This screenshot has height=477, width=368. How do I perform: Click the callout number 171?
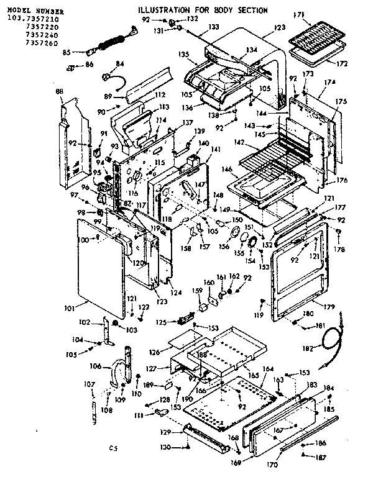coord(297,14)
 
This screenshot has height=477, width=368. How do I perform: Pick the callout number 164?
coord(267,369)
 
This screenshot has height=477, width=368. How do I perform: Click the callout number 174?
coord(329,83)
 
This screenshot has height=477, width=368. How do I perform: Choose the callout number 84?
coord(120,63)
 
